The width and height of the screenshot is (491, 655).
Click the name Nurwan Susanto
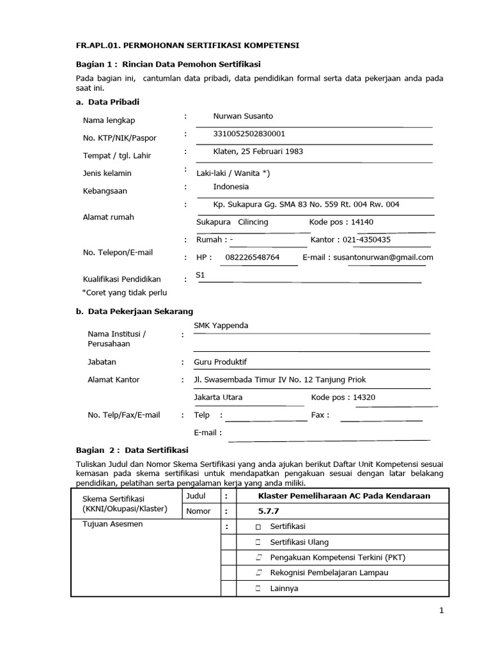click(x=243, y=116)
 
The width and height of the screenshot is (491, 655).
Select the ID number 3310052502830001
click(x=249, y=134)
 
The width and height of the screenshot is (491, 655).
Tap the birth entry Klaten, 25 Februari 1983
click(x=258, y=152)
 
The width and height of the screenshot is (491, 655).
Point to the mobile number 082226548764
click(x=253, y=257)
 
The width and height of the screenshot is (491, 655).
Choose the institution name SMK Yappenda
click(x=221, y=326)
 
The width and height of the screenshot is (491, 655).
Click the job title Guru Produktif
click(x=220, y=362)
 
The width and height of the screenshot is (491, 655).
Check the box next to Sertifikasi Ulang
click(x=258, y=542)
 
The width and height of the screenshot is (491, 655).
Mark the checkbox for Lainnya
click(x=258, y=588)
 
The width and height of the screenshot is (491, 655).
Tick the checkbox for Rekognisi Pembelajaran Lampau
click(x=258, y=572)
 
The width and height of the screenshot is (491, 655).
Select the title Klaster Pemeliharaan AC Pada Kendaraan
click(x=343, y=496)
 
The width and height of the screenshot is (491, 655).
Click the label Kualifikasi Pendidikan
click(x=121, y=280)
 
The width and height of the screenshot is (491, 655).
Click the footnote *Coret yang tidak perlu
click(x=125, y=292)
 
